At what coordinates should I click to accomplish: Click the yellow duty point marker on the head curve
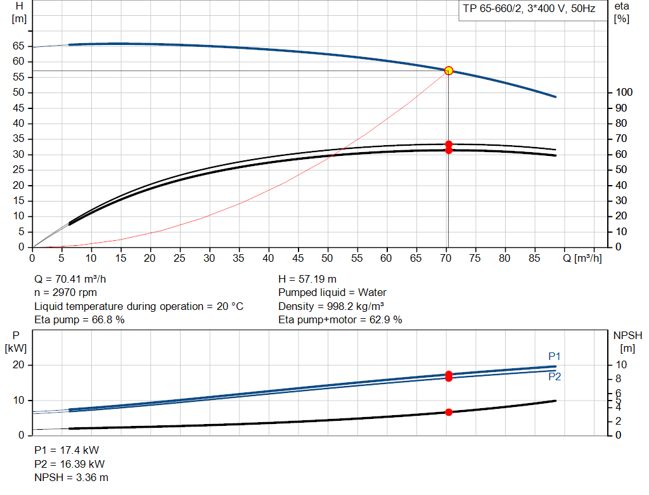[x=449, y=71]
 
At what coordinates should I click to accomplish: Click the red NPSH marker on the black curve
[x=449, y=412]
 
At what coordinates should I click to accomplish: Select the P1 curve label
[x=554, y=356]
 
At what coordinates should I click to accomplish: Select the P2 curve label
[x=555, y=376]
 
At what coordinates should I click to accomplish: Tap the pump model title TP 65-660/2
[x=492, y=9]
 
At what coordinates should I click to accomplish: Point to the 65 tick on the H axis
[x=18, y=46]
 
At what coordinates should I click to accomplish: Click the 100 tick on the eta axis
[x=624, y=93]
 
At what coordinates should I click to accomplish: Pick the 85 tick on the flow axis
[x=534, y=258]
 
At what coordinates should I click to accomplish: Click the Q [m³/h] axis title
[x=582, y=258]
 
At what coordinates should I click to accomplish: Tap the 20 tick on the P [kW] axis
[x=18, y=365]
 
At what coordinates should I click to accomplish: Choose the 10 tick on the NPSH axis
[x=621, y=365]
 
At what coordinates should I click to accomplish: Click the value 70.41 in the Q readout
[x=68, y=280]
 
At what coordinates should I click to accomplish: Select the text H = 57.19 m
[x=307, y=280]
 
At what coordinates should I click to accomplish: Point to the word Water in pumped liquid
[x=372, y=293]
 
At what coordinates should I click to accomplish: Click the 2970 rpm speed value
[x=75, y=293]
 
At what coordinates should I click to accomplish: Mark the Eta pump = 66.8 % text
[x=79, y=320]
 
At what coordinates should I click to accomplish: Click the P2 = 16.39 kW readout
[x=70, y=465]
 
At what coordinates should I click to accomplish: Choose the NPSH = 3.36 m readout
[x=71, y=478]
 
